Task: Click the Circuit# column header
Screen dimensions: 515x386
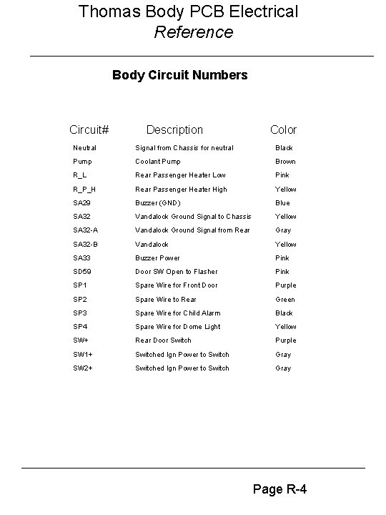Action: coord(89,129)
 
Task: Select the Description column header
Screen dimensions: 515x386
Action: coord(174,129)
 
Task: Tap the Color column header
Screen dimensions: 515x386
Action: coord(283,129)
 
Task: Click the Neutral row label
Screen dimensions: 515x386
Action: coord(84,148)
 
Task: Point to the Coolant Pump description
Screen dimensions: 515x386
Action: coord(158,162)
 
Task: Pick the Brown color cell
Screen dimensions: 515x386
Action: coord(285,162)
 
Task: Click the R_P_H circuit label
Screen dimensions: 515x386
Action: coord(84,190)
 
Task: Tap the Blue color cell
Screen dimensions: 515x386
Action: coord(283,203)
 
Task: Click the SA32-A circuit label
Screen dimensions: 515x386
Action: coord(86,230)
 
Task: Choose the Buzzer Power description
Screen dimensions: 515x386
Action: coord(158,258)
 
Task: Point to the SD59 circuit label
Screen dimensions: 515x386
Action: coord(83,272)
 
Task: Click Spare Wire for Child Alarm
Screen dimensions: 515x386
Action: coord(178,313)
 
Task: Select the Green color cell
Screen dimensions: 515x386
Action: coord(285,300)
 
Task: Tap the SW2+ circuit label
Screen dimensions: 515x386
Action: coord(83,368)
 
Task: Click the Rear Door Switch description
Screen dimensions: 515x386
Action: coord(163,340)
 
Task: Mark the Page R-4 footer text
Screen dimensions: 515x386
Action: coord(280,489)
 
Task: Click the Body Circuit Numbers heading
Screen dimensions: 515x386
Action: coord(180,74)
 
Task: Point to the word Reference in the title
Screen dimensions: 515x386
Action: coord(193,32)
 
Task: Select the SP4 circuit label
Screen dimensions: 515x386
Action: coord(81,327)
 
